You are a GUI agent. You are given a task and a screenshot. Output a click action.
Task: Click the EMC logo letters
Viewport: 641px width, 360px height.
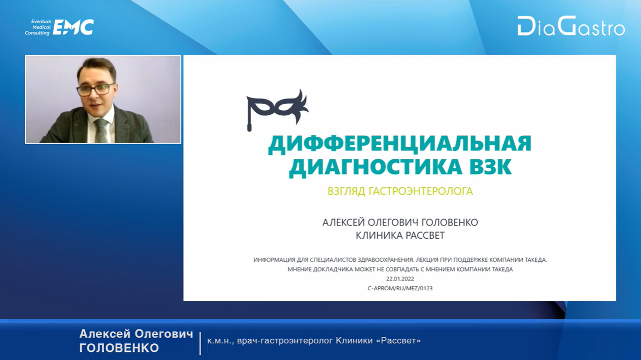[73, 27]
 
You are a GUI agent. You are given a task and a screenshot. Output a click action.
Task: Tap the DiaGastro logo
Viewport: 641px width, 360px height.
[571, 26]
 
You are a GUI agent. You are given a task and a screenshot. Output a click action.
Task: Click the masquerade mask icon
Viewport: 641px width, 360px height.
[277, 110]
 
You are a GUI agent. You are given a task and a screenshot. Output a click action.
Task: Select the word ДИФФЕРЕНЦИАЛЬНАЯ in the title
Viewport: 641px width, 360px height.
[400, 144]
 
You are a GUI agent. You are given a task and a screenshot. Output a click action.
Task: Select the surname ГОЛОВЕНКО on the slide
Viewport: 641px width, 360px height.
[450, 222]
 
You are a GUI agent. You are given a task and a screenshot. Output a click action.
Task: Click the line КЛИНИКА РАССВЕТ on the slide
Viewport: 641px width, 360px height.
[400, 235]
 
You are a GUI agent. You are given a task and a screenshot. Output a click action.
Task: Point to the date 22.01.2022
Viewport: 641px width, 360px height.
[400, 279]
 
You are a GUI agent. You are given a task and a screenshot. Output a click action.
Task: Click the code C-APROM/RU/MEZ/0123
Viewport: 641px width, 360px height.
[400, 288]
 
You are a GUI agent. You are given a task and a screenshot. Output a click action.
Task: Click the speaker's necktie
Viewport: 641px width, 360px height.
[101, 130]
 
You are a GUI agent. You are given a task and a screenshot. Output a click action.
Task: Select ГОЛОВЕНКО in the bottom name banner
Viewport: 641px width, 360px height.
[119, 348]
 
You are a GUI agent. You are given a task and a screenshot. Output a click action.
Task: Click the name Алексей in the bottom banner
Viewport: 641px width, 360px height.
[105, 334]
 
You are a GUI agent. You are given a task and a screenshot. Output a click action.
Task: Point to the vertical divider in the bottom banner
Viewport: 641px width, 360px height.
[200, 343]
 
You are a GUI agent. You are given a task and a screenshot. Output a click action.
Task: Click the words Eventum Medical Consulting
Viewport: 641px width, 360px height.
[38, 27]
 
